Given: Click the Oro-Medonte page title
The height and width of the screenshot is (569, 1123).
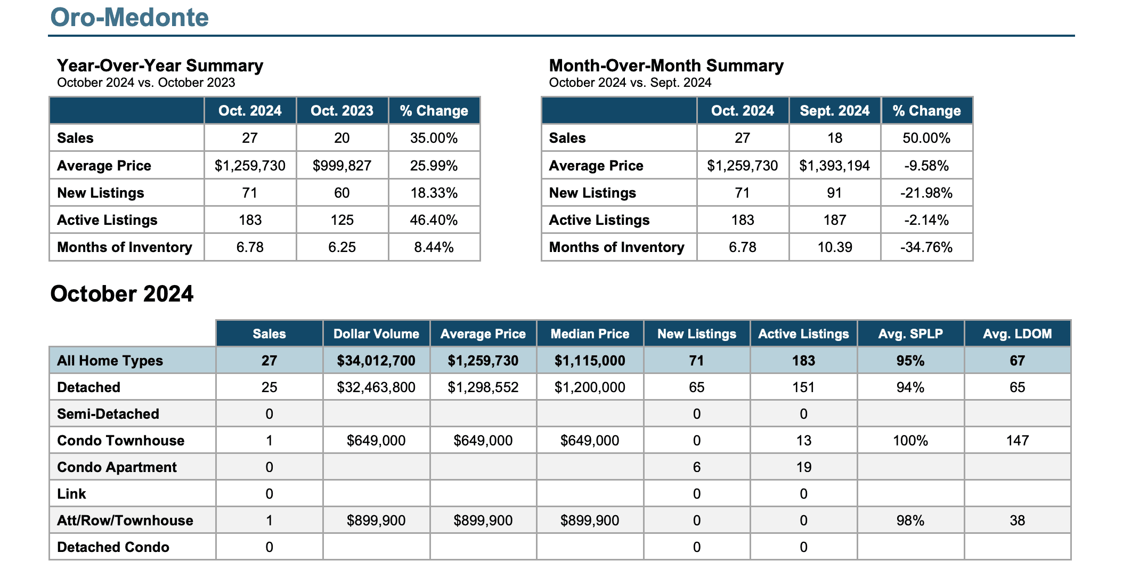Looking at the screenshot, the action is coord(129,17).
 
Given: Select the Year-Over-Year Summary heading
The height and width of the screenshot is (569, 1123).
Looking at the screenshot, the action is coord(160,66).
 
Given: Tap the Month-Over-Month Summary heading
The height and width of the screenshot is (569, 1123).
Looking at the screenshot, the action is coord(666,66).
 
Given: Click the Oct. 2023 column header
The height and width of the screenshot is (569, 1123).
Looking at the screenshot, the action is coord(342,111).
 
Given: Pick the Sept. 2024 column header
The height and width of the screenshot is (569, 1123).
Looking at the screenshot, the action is coord(835,111).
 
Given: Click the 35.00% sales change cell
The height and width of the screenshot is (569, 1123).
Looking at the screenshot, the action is coord(434,138).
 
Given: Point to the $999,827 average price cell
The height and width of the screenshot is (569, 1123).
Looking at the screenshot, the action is coord(342,166).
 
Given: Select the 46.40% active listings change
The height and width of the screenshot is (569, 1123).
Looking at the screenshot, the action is coord(434,220).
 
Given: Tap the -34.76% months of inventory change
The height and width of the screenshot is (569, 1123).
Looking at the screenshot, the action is coord(926,247).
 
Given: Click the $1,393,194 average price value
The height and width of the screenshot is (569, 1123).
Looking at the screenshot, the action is coord(835,166).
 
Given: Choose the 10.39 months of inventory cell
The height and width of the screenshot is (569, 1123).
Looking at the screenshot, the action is coord(835,247).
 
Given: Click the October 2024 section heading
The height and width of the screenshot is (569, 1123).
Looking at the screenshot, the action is coord(122,294).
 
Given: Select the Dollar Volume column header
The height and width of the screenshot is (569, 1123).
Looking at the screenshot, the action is coord(376,334).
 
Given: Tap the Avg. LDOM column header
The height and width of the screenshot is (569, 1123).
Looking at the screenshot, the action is coord(1018,334).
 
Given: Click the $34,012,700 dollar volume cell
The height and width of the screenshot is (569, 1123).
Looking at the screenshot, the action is coord(376,361).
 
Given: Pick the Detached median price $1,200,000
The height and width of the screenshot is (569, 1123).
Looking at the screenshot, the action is coord(590,387).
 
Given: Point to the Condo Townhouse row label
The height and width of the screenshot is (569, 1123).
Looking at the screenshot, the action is coord(121,441).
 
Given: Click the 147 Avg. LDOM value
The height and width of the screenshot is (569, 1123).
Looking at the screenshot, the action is coord(1018,441).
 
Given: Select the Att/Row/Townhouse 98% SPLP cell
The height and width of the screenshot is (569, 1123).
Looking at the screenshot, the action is coord(910,521).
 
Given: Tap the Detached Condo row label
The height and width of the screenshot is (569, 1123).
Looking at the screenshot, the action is coord(113,547).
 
